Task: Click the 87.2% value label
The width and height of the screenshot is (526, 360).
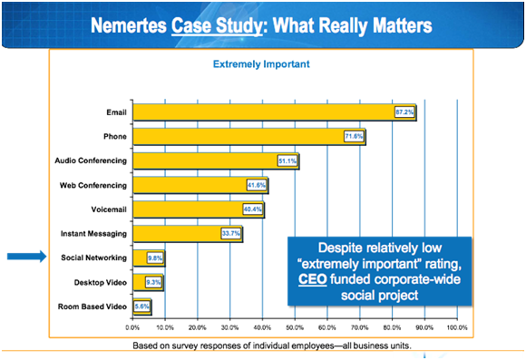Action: (x=404, y=112)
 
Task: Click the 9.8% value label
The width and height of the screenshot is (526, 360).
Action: (x=154, y=258)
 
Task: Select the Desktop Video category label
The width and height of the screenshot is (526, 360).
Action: (x=102, y=282)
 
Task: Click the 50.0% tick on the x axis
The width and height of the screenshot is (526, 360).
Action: (x=295, y=326)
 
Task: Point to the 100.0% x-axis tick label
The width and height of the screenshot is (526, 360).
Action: (x=456, y=326)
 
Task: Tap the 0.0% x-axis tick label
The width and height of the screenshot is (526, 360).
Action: (x=133, y=326)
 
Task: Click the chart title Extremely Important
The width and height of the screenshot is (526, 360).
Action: (x=261, y=64)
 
